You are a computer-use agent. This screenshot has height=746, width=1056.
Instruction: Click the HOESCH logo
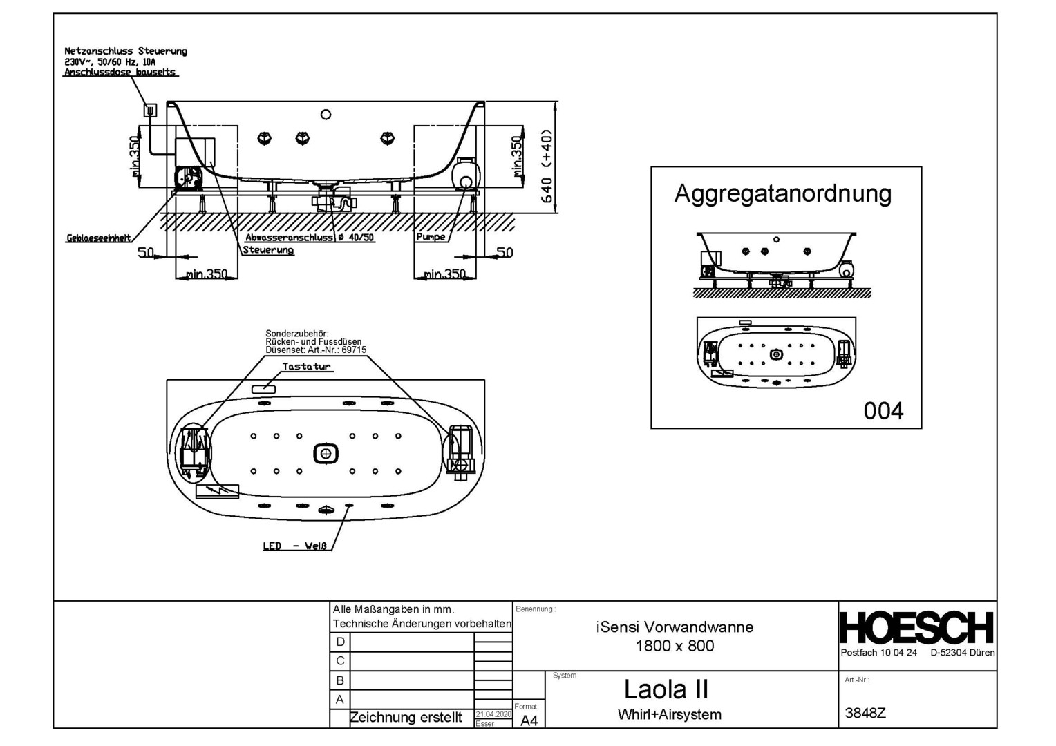click(917, 627)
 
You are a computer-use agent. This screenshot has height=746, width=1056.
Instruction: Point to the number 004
click(883, 411)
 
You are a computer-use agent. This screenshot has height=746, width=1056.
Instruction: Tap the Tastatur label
click(306, 366)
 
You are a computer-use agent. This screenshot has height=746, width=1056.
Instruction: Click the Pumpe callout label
click(431, 236)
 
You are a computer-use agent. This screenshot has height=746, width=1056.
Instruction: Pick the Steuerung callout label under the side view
click(268, 250)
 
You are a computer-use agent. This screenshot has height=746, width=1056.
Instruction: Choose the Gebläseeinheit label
click(99, 238)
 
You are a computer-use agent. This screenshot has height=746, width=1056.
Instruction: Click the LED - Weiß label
click(295, 546)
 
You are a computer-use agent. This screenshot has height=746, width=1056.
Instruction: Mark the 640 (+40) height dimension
click(547, 166)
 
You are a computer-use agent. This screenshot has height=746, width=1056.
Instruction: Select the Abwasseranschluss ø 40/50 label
click(310, 237)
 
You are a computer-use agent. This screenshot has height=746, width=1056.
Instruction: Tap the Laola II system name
click(666, 689)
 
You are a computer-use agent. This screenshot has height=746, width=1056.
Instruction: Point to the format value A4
click(529, 720)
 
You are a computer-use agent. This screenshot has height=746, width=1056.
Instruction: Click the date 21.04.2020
click(493, 714)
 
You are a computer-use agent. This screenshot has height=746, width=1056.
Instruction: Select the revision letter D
click(340, 642)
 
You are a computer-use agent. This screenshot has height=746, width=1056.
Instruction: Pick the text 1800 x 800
click(675, 646)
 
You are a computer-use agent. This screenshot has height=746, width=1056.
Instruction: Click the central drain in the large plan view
click(326, 454)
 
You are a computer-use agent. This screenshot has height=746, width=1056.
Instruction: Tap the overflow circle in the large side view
click(326, 115)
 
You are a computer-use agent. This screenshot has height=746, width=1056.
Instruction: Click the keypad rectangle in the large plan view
click(263, 390)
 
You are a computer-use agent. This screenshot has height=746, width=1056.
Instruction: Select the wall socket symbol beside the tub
click(151, 111)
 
